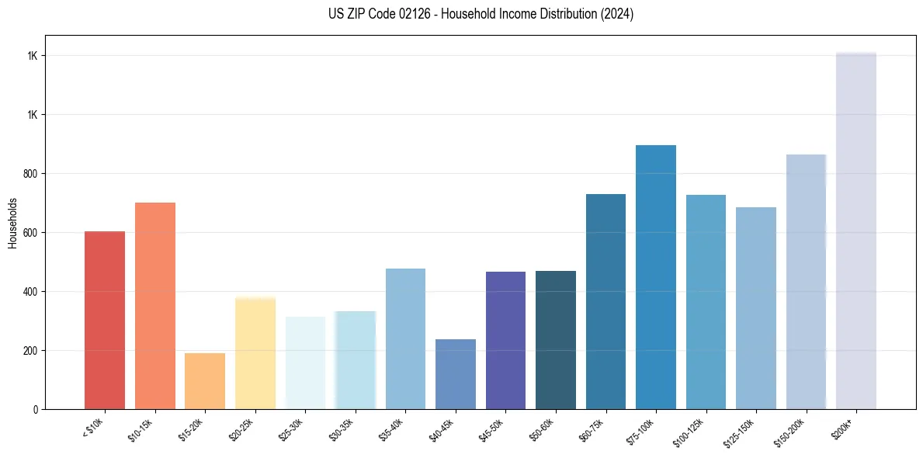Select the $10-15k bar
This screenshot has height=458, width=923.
[x=154, y=306]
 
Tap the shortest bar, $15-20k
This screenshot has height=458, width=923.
[x=205, y=381]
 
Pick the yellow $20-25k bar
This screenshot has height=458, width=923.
[x=255, y=353]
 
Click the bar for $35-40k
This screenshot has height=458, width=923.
[x=405, y=338]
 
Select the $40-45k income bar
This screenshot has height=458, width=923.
[x=455, y=374]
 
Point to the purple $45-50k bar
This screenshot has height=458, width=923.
[x=505, y=340]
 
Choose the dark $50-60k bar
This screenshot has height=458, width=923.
[x=555, y=340]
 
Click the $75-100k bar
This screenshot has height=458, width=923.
[x=655, y=277]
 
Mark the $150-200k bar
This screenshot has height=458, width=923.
[x=806, y=282]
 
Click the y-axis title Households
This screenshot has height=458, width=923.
[x=12, y=222]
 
